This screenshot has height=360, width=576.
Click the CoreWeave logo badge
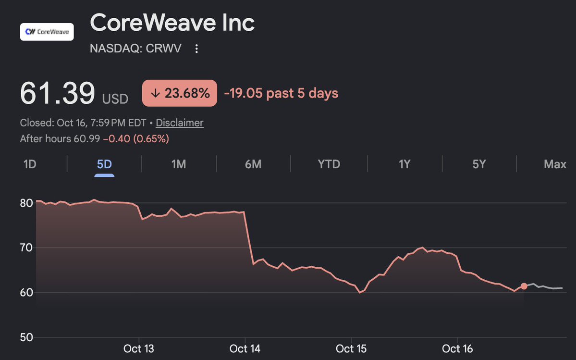[x=47, y=32]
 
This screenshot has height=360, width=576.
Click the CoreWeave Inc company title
[x=172, y=23]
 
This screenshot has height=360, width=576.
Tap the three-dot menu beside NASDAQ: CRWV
[x=196, y=49]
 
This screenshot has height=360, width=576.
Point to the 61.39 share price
[x=58, y=93]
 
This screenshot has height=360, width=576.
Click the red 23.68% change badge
[x=180, y=93]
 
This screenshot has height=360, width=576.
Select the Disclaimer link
[x=180, y=123]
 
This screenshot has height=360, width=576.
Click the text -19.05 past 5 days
[x=281, y=93]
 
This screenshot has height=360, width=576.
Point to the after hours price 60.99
[x=86, y=139]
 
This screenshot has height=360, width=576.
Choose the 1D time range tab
[x=30, y=164]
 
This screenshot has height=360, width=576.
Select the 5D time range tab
[x=104, y=164]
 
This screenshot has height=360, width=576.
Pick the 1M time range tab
[x=179, y=164]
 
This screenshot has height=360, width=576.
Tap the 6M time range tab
[x=253, y=164]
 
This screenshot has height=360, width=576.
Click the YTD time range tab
[x=329, y=164]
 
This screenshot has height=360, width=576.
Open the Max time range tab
[x=555, y=164]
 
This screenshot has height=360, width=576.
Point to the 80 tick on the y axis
[x=26, y=203]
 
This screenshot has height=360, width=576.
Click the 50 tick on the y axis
[x=26, y=337]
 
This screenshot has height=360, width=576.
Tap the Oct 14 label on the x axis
[x=245, y=348]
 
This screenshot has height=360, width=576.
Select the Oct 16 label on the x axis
[x=457, y=348]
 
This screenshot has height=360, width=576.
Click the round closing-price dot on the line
[x=524, y=286]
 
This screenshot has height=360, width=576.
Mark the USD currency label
[x=115, y=99]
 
